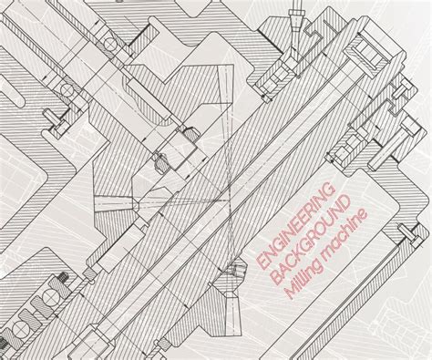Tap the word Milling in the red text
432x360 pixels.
click(x=298, y=283)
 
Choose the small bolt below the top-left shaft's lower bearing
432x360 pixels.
click(x=62, y=117)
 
